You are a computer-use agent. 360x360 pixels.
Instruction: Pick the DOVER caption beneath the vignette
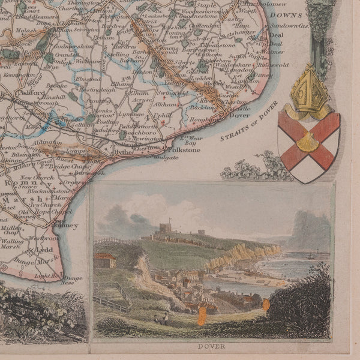211,346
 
